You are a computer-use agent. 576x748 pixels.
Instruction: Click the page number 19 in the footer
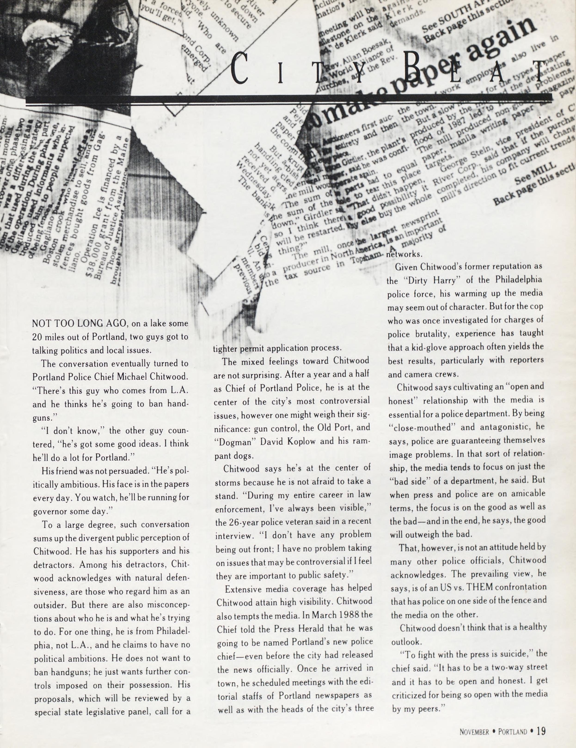click(x=541, y=731)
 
